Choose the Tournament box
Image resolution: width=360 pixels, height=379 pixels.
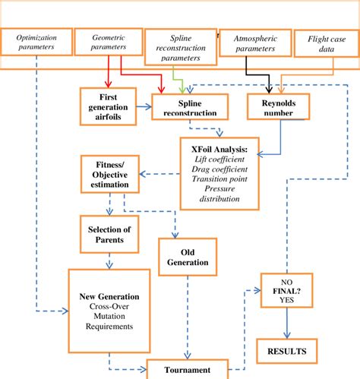[188, 370]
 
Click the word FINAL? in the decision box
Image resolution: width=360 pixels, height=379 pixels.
[286, 289]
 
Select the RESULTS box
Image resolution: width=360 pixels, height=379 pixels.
[286, 351]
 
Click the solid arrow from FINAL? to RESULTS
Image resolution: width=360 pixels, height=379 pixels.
[286, 322]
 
